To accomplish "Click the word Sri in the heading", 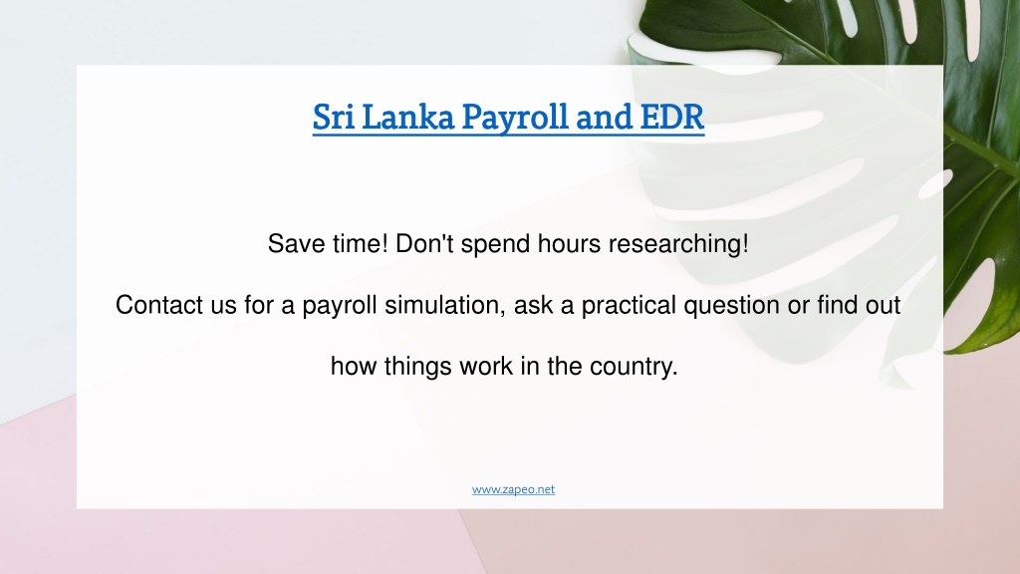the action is tap(333, 118).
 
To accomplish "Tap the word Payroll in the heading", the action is tap(515, 120).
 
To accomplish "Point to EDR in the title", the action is tap(672, 118).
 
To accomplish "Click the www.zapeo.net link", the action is tap(513, 489).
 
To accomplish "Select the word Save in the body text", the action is tap(296, 244).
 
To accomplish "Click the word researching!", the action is tap(678, 245).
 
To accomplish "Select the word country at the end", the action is tap(634, 368).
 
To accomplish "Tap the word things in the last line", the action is tap(417, 367).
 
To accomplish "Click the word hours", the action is tap(569, 244).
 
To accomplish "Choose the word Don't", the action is tap(424, 244).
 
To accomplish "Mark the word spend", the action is tap(496, 245).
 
